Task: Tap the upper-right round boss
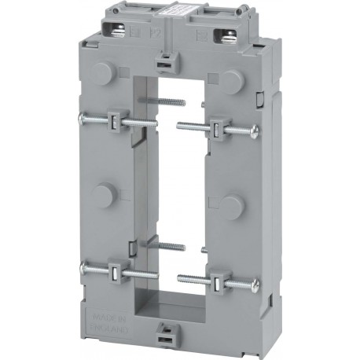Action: tap(231, 79)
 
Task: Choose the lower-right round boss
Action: tap(230, 207)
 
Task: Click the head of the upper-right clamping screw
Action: tap(254, 131)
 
